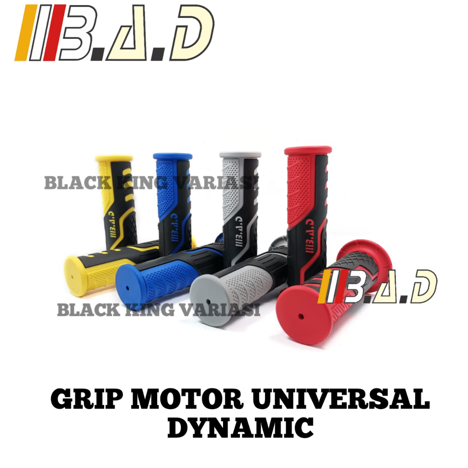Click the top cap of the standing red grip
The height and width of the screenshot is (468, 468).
pos(307,150)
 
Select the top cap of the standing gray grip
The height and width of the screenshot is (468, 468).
pos(240,155)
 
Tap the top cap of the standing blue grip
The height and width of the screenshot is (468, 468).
pos(172,156)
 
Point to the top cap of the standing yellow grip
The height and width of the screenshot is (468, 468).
pos(114,159)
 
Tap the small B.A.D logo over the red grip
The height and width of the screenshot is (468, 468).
pos(379,286)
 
